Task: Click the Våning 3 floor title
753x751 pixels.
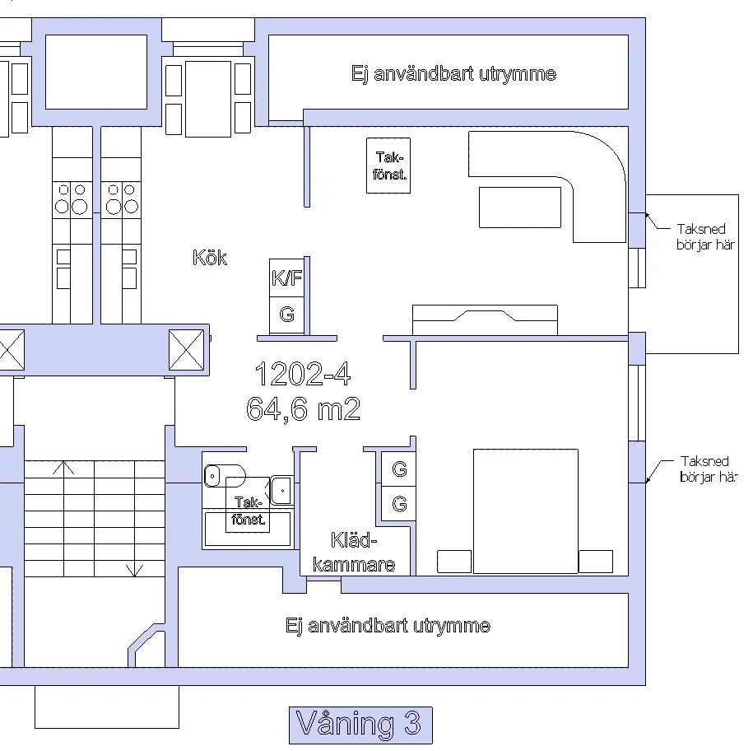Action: point(360,725)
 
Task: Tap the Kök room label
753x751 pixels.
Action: point(210,258)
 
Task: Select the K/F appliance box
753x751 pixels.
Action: point(287,278)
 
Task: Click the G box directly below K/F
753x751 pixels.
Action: point(287,315)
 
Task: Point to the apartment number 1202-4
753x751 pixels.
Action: point(302,375)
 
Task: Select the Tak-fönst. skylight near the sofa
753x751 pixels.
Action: point(389,166)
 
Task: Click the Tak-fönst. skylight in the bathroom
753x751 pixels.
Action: point(249,511)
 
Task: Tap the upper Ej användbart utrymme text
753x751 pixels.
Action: point(453,74)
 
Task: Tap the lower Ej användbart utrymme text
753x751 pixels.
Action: point(388,626)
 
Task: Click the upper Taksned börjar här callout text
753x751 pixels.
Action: point(702,237)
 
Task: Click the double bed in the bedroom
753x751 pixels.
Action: point(525,511)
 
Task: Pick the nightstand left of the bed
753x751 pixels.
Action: point(454,562)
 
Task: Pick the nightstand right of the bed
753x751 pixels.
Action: point(596,562)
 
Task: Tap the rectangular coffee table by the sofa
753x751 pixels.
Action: point(520,207)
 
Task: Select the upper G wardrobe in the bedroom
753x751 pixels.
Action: point(400,469)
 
